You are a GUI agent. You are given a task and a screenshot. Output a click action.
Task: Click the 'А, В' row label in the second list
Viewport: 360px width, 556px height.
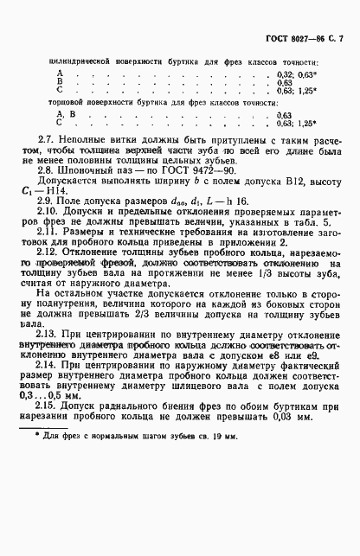[x=61, y=114]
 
